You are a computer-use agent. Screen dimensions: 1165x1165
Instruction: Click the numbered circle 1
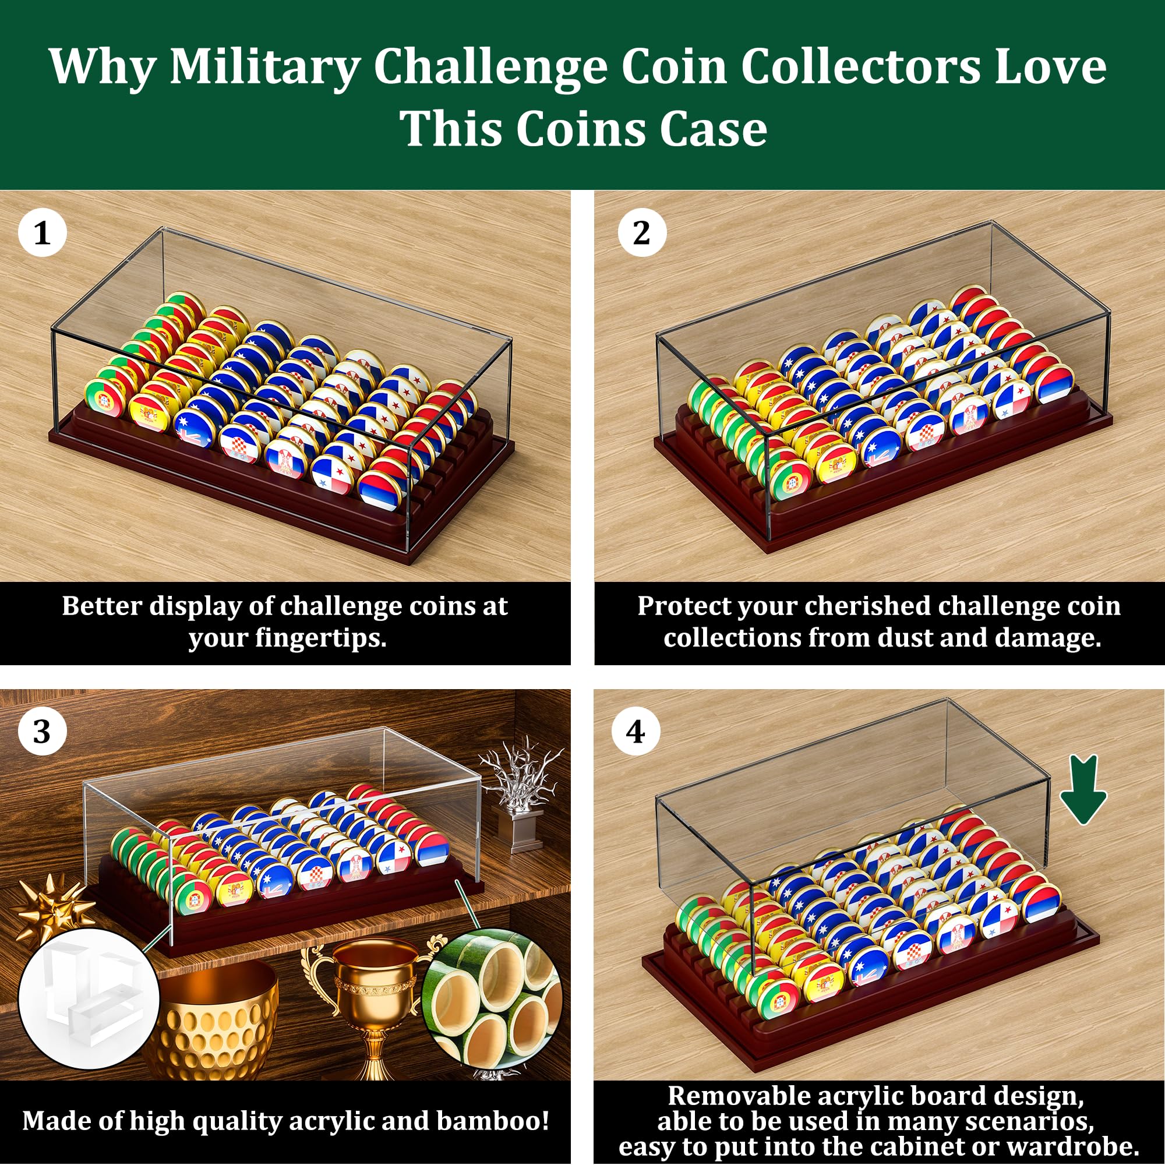coord(41,233)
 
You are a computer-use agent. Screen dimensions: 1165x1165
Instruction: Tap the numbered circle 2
coord(641,233)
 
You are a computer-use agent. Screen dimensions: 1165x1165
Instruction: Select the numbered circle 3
coord(41,732)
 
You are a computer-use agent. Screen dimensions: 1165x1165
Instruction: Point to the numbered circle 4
coord(636,732)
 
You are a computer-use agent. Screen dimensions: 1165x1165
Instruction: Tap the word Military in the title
coord(264,68)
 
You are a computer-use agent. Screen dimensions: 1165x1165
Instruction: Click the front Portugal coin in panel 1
coord(104,398)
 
